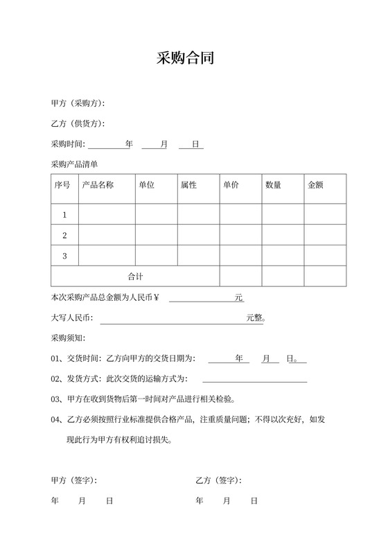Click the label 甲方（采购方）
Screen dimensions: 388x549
click(78, 103)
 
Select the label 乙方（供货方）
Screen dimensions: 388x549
click(78, 124)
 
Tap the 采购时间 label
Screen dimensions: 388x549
click(67, 144)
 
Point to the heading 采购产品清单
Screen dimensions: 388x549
click(74, 164)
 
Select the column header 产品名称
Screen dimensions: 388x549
click(98, 186)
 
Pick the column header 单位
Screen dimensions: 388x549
click(146, 186)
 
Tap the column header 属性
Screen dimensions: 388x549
click(188, 186)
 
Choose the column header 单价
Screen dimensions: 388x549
click(231, 186)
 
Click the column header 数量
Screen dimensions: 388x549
click(273, 186)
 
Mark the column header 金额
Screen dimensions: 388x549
click(315, 186)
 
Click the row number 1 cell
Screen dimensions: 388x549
click(64, 215)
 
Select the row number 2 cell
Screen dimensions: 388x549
click(64, 236)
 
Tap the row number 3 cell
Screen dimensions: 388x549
click(64, 256)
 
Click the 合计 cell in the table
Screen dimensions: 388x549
click(135, 277)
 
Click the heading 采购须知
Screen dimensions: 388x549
click(67, 339)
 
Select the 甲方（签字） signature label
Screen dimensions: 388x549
click(74, 480)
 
